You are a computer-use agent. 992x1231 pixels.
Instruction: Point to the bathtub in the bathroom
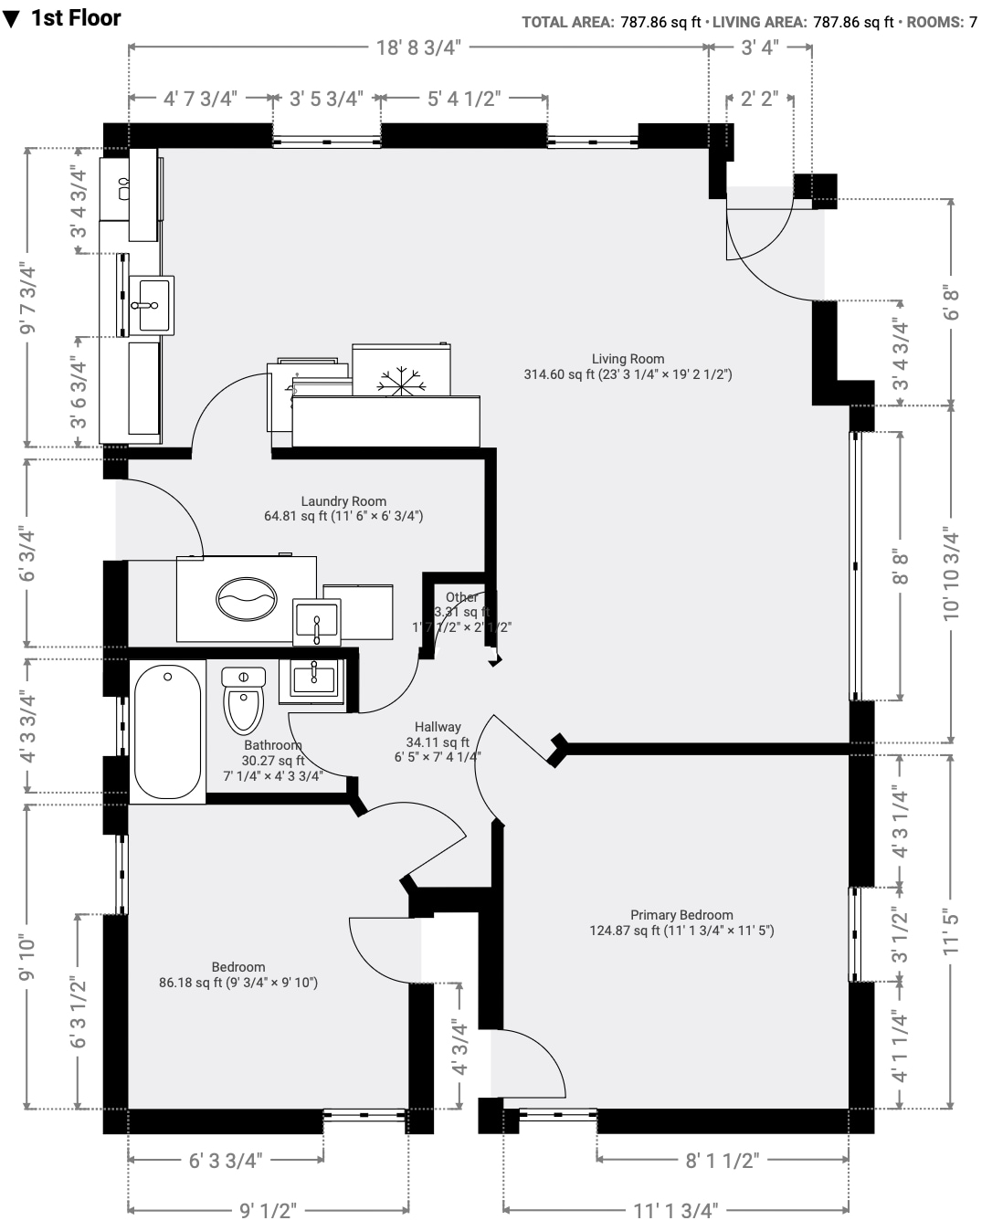tap(167, 731)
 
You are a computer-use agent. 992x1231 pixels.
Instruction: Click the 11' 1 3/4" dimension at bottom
tap(676, 1211)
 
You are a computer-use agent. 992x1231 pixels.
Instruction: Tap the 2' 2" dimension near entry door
tap(759, 98)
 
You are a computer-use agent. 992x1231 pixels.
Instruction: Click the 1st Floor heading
tap(76, 18)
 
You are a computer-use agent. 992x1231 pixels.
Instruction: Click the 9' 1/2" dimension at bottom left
tap(269, 1211)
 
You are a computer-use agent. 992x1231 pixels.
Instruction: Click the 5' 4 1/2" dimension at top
tap(463, 99)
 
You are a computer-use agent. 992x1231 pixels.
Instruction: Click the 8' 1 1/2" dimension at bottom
tap(723, 1160)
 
